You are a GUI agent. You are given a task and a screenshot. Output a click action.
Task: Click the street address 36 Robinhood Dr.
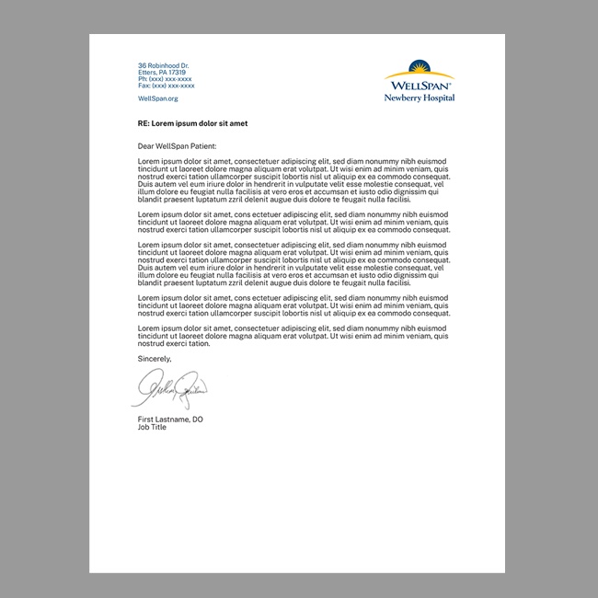click(163, 66)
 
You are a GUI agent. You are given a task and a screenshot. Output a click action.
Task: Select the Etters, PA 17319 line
click(162, 73)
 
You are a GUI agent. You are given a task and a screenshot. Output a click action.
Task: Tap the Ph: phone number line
click(165, 79)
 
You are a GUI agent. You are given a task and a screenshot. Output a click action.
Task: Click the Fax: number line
click(166, 86)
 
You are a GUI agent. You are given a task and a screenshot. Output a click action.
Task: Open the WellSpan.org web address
click(157, 98)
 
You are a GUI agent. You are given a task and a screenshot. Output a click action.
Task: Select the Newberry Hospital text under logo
click(420, 98)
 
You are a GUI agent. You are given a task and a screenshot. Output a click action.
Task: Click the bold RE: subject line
click(192, 122)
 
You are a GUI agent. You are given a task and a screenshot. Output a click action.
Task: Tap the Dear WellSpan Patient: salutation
click(177, 146)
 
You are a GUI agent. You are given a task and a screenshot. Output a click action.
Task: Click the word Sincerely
click(155, 358)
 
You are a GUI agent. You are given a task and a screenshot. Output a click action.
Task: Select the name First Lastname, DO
click(170, 420)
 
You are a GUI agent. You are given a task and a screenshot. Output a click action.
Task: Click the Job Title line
click(152, 427)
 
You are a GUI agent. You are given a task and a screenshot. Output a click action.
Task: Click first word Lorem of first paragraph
click(148, 161)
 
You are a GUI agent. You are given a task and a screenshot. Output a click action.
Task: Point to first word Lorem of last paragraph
click(148, 328)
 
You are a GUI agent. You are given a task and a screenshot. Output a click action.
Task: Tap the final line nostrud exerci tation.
click(174, 343)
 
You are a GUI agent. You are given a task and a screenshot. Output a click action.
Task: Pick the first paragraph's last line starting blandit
click(273, 199)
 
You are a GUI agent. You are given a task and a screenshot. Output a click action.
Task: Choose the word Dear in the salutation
click(146, 146)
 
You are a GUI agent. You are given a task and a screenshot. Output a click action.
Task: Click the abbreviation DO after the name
click(198, 420)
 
